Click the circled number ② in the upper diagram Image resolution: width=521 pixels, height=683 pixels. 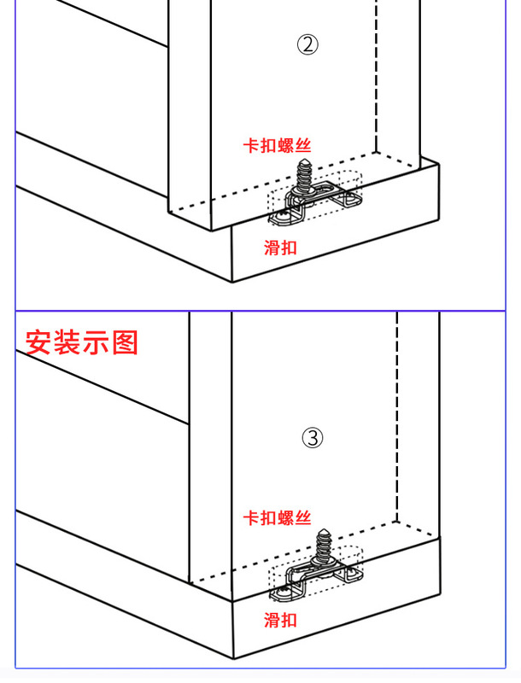tap(307, 45)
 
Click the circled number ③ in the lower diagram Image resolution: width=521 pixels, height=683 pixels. tap(313, 439)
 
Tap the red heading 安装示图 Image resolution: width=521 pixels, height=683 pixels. tap(81, 342)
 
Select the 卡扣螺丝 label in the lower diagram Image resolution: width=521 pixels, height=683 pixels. tap(277, 517)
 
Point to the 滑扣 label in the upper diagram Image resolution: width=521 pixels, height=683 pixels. tap(280, 248)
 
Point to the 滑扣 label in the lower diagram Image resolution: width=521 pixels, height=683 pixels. tap(280, 619)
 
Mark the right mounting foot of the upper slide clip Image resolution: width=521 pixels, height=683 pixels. tap(349, 202)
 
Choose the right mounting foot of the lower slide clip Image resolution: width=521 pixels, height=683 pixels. tap(353, 578)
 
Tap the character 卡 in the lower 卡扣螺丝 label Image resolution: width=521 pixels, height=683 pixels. tap(251, 517)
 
